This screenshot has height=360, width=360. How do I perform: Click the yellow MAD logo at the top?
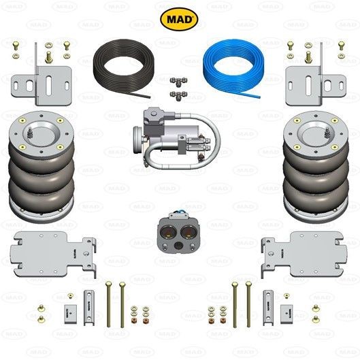[x=179, y=19]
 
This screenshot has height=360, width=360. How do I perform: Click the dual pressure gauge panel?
[x=178, y=233]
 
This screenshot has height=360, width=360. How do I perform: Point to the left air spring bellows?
[x=42, y=167]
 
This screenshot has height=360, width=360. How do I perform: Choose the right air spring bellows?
[x=316, y=167]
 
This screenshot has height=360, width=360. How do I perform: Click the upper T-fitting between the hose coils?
[x=178, y=82]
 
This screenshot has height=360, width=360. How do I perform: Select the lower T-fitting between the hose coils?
[x=178, y=95]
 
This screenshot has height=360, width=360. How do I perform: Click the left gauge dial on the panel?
[x=168, y=232]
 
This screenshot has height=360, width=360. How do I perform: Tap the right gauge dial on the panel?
[x=189, y=232]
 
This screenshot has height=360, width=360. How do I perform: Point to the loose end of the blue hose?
[x=260, y=97]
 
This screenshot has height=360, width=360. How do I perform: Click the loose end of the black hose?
[x=150, y=97]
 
